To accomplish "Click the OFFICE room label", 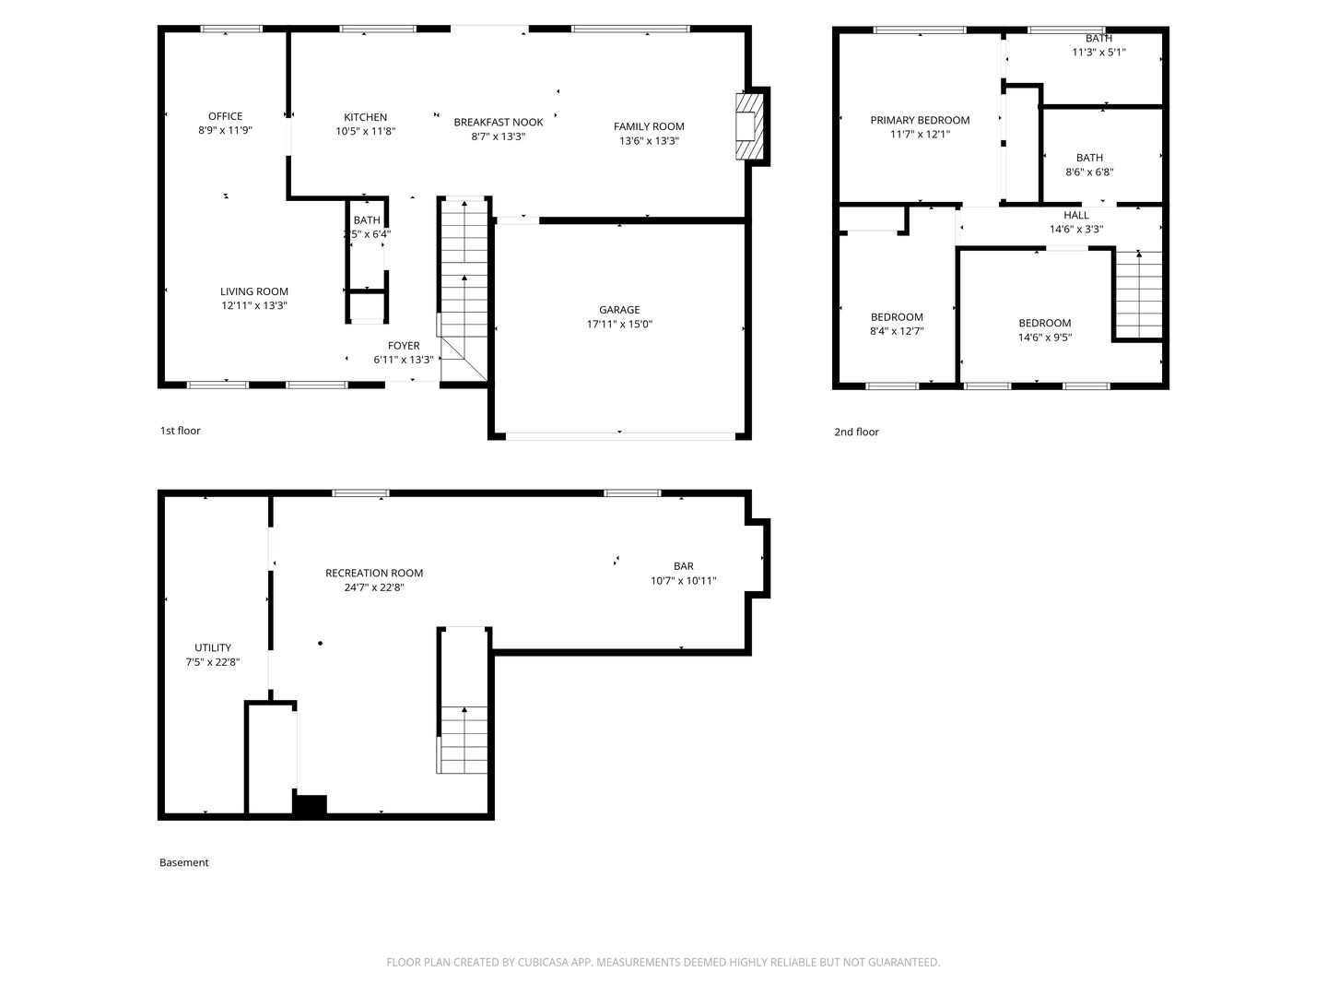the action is (x=225, y=116).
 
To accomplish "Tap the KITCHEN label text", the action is (x=365, y=117).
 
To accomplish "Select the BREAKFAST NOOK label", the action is (x=499, y=122).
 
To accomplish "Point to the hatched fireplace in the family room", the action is (x=749, y=125).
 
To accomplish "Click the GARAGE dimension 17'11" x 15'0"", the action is (x=619, y=324).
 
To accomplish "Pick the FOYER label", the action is (x=404, y=346).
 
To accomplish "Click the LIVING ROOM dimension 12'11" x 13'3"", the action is (x=254, y=306).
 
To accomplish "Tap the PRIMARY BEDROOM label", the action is (x=920, y=120).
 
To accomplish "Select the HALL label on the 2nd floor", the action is (x=1076, y=215).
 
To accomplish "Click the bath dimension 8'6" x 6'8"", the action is (x=1089, y=172).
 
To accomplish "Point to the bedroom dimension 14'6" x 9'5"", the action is (x=1045, y=338).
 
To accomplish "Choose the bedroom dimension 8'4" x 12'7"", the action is (x=897, y=331).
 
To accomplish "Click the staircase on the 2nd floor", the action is (x=1138, y=294).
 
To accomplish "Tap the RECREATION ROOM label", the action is (x=373, y=574).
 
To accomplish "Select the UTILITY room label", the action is (x=213, y=647).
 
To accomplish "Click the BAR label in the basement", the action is (x=683, y=566).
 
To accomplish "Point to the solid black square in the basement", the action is (x=310, y=805).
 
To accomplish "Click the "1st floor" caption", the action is (x=180, y=431).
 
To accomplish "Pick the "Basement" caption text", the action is (x=183, y=862).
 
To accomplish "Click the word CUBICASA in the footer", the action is (x=543, y=962).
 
